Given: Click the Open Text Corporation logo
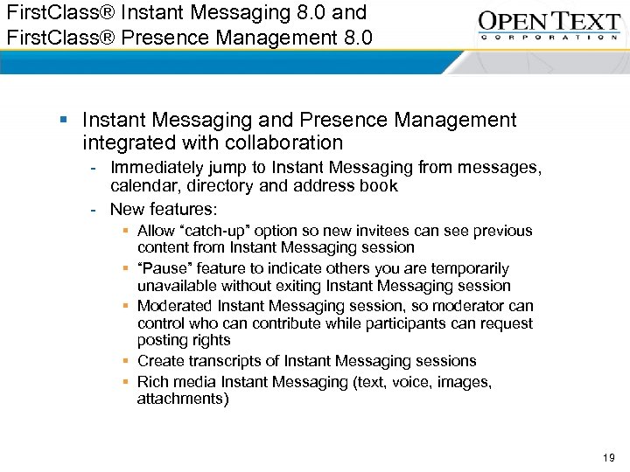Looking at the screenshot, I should coord(549,25).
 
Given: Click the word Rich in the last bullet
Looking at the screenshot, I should coord(154,381).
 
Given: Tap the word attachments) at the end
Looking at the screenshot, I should coord(183,399).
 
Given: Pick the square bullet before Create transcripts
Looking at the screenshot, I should coord(127,361).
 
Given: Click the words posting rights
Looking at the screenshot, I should coord(184,340).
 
